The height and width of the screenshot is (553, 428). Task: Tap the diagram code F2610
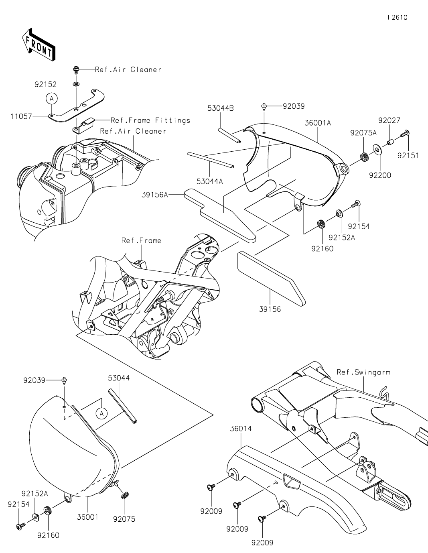(398, 18)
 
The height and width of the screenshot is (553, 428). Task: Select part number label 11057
(21, 116)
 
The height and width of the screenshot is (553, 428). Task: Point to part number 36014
(241, 429)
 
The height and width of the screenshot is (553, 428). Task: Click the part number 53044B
(221, 108)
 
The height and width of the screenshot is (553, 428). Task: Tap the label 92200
(380, 175)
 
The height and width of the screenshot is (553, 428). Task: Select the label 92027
(389, 120)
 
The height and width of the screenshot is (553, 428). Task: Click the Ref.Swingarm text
(363, 372)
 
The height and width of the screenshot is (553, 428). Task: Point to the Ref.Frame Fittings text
(150, 120)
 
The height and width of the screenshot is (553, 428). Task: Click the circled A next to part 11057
(52, 98)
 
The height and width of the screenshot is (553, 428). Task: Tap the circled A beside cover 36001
(102, 413)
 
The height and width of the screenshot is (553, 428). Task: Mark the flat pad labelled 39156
(271, 279)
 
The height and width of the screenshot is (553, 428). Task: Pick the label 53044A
(209, 181)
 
